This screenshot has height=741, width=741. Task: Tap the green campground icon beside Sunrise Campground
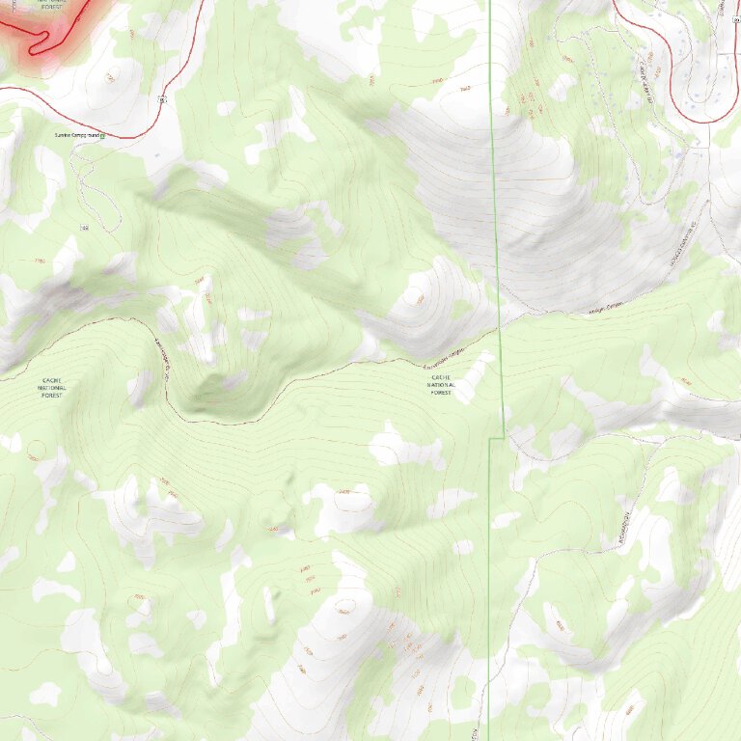pos(101,136)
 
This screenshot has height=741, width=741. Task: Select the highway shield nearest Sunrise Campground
pos(164,98)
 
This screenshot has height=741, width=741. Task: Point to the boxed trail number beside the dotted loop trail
pos(84,227)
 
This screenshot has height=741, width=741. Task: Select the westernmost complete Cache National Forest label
pos(50,388)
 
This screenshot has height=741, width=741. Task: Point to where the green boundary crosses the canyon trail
pos(500,328)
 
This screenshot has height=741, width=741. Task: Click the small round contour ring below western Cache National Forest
pos(36,450)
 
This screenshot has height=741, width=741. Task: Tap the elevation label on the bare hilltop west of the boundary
pos(420,298)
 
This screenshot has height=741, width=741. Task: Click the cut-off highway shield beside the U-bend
pos(734,19)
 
